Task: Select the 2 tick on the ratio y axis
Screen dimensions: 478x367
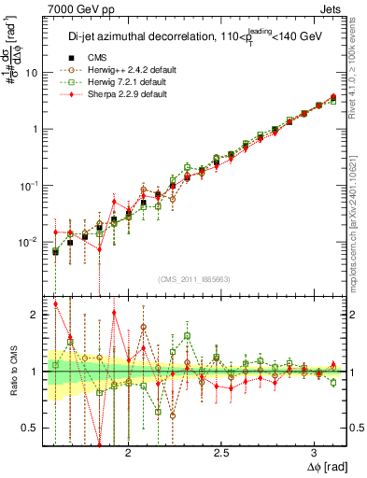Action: point(35,315)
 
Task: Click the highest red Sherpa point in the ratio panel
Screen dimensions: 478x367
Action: point(56,303)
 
